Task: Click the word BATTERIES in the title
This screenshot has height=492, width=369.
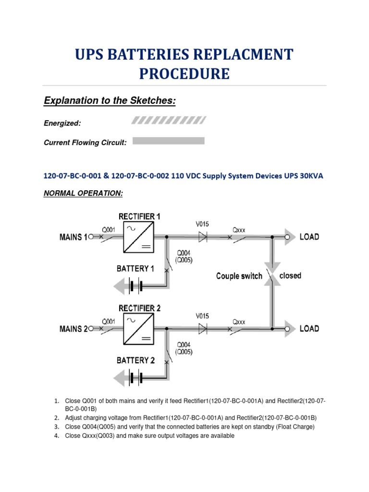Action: pyautogui.click(x=164, y=54)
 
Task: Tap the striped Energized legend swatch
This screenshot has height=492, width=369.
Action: pyautogui.click(x=169, y=120)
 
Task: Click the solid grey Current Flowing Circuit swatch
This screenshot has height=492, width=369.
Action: pyautogui.click(x=168, y=141)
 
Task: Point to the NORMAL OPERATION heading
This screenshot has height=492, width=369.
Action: pyautogui.click(x=83, y=193)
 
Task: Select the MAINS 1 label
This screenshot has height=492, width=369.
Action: pyautogui.click(x=74, y=237)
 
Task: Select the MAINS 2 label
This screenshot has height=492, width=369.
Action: pyautogui.click(x=74, y=329)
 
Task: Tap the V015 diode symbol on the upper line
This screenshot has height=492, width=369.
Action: pyautogui.click(x=203, y=236)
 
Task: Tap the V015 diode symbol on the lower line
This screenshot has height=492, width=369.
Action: pyautogui.click(x=203, y=329)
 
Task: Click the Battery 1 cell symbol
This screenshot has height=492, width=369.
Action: pyautogui.click(x=135, y=287)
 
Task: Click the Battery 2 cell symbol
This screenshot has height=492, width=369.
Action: pyautogui.click(x=135, y=379)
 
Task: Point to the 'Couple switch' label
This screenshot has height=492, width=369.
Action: pyautogui.click(x=239, y=276)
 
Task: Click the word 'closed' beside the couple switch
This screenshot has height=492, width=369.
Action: pyautogui.click(x=290, y=275)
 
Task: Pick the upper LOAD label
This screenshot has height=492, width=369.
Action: pyautogui.click(x=309, y=236)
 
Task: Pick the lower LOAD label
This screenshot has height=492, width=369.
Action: pyautogui.click(x=309, y=329)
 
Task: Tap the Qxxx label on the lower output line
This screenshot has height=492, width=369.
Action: pyautogui.click(x=239, y=321)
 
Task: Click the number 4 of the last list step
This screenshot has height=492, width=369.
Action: pyautogui.click(x=56, y=436)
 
